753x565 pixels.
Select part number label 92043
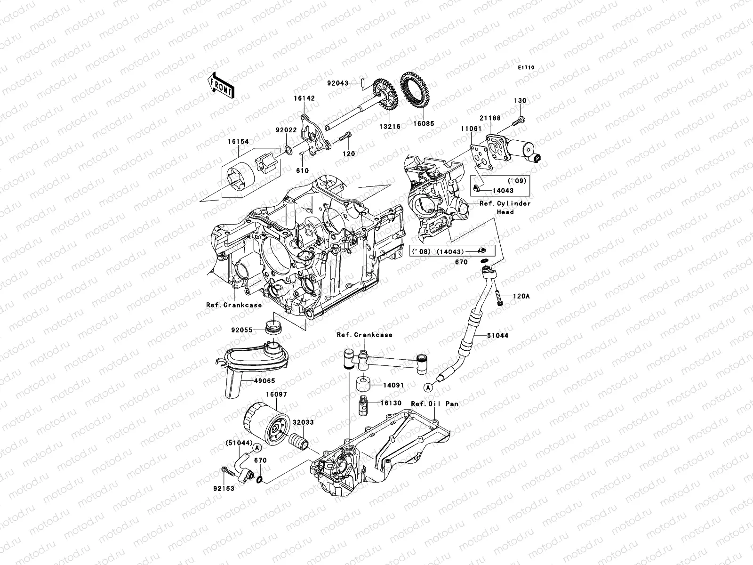351,83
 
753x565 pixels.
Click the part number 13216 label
391,127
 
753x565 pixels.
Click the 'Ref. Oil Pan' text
434,404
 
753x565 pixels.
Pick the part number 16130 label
391,403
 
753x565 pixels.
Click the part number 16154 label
239,141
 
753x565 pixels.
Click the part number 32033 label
303,422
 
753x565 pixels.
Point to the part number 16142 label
304,99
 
